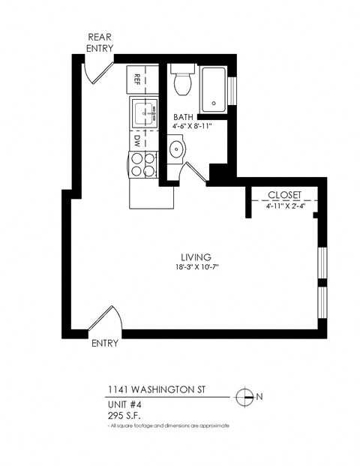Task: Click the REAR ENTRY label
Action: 100,42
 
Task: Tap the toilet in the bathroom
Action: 182,81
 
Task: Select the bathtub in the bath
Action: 214,89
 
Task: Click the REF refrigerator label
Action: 139,78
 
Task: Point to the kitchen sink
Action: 145,115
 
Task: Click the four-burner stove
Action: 142,164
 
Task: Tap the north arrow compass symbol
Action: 243,396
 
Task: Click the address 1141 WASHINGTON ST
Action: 153,391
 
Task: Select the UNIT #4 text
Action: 124,404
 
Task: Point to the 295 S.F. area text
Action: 124,414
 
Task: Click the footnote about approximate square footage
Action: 168,425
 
